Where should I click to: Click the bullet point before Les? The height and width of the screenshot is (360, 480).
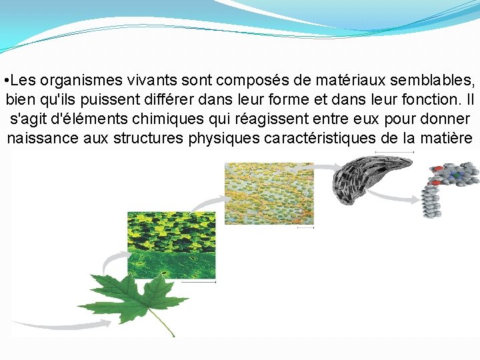tap(6, 81)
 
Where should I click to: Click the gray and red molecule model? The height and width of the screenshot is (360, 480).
tap(447, 187)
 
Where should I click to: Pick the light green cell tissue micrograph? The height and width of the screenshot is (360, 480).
tap(269, 194)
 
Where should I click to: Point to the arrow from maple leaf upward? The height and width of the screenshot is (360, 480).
tap(113, 263)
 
